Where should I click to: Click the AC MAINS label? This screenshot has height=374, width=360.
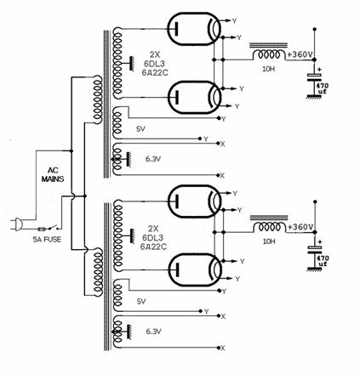coord(53,174)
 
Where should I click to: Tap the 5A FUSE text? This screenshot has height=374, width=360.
coord(47,240)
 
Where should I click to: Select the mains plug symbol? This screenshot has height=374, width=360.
coord(17,224)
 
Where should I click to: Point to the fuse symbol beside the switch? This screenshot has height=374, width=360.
coord(42,229)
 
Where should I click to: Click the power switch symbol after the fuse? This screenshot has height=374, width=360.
coord(54,228)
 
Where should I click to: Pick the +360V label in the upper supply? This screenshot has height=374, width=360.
coord(300,54)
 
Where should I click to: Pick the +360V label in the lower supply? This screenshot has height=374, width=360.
coord(300,227)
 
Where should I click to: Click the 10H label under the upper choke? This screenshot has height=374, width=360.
coord(268,69)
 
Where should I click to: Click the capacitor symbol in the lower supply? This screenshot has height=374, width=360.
coord(315,249)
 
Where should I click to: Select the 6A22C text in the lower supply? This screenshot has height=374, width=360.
coord(153,246)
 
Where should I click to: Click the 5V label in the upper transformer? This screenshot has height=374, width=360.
coord(140,129)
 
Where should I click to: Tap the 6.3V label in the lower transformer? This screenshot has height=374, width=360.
coord(153,331)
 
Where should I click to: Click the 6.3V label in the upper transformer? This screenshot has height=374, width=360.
coord(153,159)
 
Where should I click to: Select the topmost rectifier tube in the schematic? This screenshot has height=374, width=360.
coord(194,29)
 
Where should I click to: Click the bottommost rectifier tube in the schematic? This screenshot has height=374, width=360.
coord(195,269)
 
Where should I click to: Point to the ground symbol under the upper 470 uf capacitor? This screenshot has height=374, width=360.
coord(314,97)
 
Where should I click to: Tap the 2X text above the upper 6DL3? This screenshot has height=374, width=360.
coord(154,54)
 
